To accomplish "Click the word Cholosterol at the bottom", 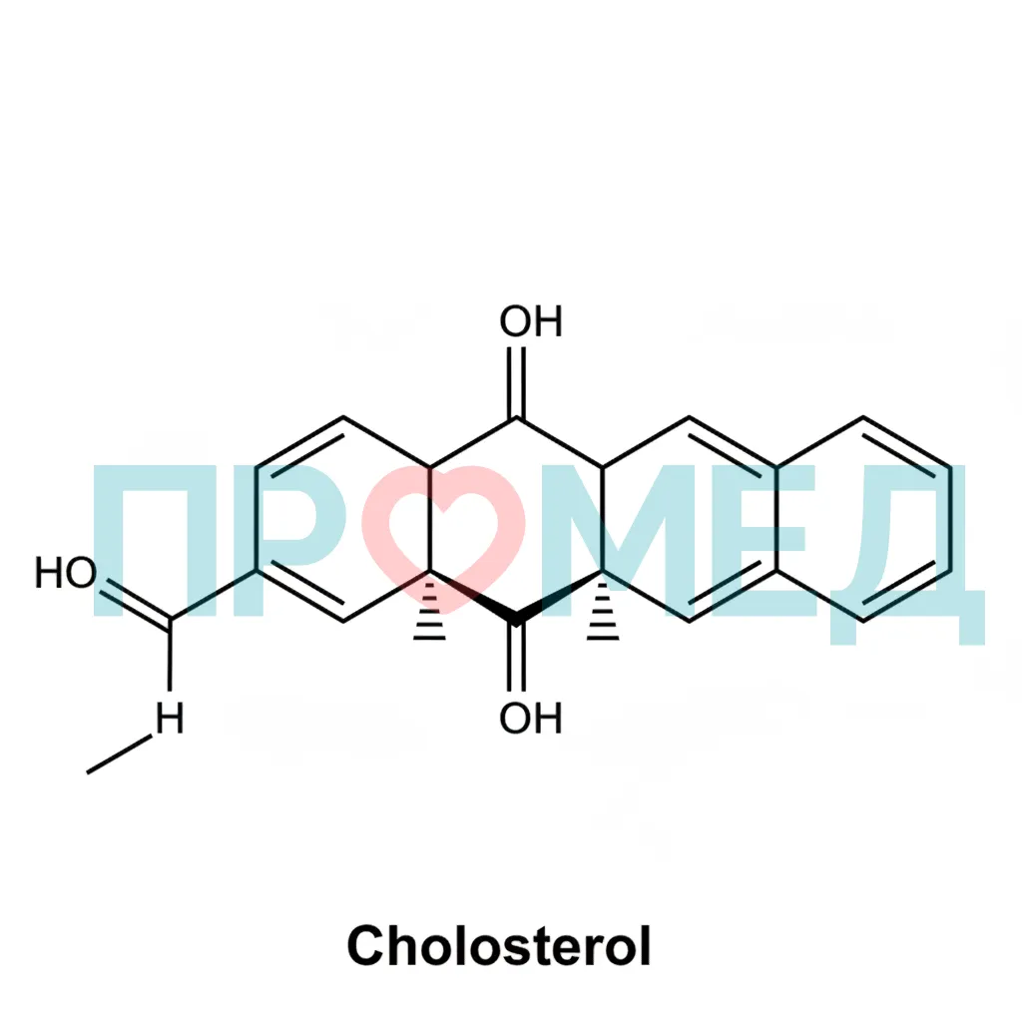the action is [x=499, y=946].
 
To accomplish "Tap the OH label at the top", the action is [x=531, y=321].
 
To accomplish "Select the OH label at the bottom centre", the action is [x=531, y=718].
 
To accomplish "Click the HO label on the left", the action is [x=65, y=573].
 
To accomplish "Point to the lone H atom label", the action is [x=170, y=719].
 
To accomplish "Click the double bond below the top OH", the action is [x=516, y=382].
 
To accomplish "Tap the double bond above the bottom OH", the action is [x=516, y=655].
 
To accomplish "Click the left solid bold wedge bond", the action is [x=472, y=598].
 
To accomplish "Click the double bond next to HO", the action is [x=136, y=604].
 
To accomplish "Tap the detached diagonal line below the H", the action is [x=120, y=755].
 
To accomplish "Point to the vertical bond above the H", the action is [x=170, y=655].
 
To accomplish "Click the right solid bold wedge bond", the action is [x=559, y=598].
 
